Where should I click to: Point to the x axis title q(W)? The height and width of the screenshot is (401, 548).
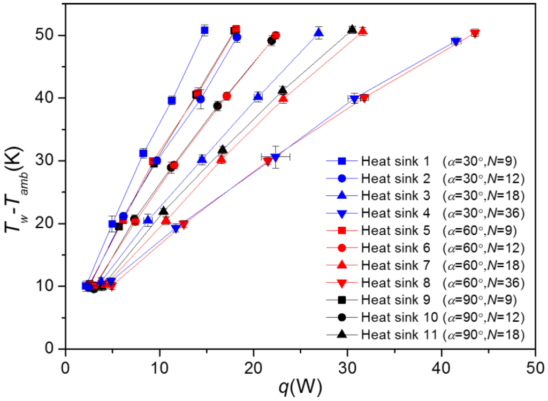coord(300,388)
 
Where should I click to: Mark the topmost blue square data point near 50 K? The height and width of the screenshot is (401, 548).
coord(204,30)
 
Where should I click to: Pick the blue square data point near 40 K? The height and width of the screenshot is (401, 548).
coord(172,100)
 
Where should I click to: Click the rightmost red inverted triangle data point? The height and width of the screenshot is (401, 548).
coord(475,34)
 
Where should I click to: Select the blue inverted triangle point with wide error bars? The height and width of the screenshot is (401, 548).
coord(276,157)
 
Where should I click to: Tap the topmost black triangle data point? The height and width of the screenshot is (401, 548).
coord(352,29)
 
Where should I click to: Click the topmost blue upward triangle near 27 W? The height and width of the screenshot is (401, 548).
coord(318,33)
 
